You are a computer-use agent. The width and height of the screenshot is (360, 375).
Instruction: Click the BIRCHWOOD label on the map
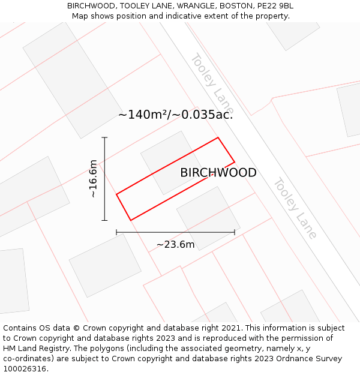tap(218, 173)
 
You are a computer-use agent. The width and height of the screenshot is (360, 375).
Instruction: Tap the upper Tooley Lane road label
tap(212, 84)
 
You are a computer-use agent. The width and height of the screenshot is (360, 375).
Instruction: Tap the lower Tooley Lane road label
tap(295, 208)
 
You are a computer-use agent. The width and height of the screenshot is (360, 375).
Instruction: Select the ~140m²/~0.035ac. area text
tap(175, 115)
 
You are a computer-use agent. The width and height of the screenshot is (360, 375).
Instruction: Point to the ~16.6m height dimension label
tap(93, 179)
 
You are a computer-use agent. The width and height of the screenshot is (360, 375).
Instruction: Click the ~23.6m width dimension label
tap(176, 244)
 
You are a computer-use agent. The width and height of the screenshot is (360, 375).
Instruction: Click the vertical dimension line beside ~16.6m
tap(105, 179)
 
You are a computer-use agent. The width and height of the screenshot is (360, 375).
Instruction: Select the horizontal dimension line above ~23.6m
tap(175, 232)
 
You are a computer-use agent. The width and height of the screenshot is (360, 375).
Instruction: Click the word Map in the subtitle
tap(80, 16)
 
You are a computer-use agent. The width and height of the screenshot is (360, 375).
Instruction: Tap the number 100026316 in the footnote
tap(25, 368)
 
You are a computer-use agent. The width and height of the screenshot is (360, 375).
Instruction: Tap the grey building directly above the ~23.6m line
tap(208, 217)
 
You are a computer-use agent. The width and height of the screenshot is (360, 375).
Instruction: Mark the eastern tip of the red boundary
tap(234, 162)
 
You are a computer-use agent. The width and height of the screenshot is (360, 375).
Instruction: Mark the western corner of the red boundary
tap(116, 194)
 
